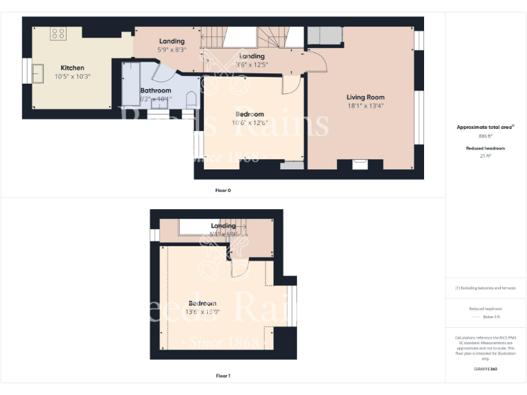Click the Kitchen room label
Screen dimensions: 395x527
tap(72, 68)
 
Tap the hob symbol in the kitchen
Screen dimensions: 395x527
tap(58, 33)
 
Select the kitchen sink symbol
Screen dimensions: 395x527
tap(39, 72)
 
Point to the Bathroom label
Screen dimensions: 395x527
tap(156, 91)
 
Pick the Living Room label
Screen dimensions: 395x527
tap(365, 97)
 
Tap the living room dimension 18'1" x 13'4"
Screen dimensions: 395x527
tap(365, 106)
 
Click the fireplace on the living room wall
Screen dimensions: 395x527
tap(360, 164)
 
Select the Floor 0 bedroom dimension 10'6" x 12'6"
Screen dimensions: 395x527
tap(250, 123)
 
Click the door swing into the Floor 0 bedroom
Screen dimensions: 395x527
tap(291, 84)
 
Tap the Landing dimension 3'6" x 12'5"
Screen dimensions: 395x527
tap(252, 64)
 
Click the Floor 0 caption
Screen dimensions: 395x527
tap(223, 190)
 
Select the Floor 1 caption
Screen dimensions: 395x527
tap(223, 376)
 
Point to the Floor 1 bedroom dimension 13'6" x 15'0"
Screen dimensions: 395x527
tap(202, 312)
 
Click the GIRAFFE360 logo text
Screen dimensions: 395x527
tap(485, 369)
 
